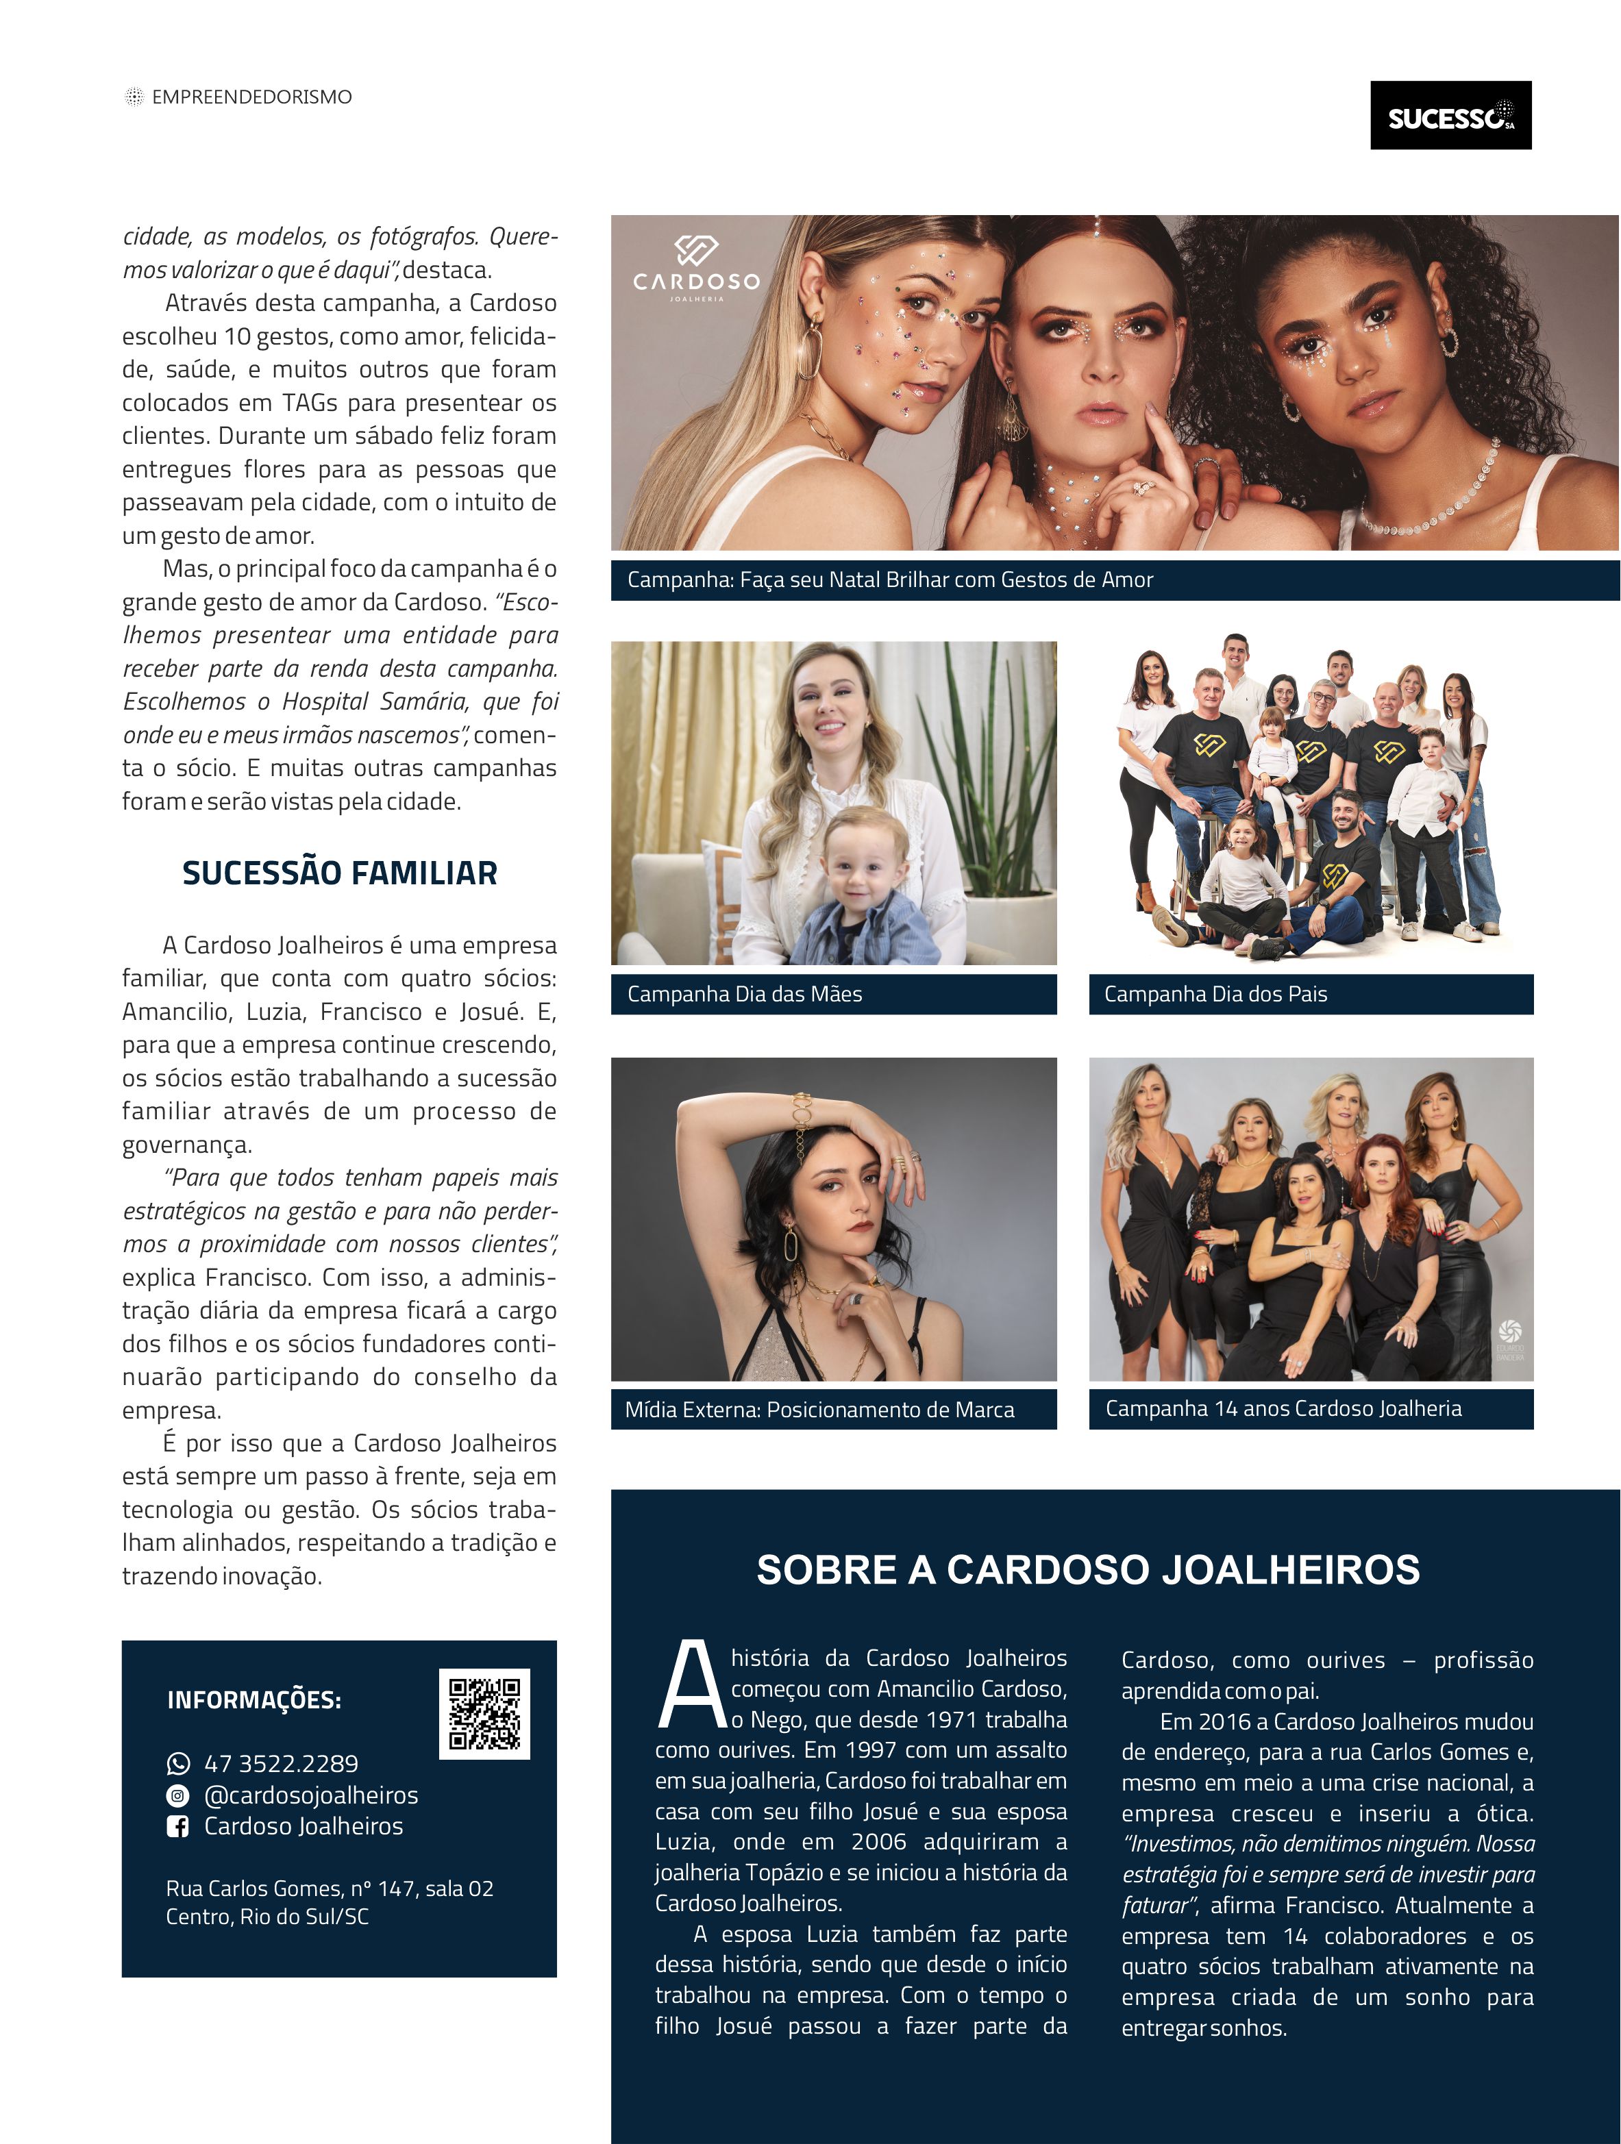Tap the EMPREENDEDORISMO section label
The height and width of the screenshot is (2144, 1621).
click(x=251, y=97)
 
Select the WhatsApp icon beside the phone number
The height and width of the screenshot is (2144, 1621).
click(x=178, y=1763)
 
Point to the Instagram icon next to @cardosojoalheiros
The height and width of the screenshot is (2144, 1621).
click(x=178, y=1795)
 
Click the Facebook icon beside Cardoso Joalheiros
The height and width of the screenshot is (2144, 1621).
click(x=178, y=1826)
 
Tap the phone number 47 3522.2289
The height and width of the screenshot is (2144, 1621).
click(x=280, y=1763)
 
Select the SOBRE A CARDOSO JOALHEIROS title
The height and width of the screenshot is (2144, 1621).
click(x=1088, y=1570)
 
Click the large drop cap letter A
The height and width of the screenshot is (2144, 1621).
click(x=691, y=1686)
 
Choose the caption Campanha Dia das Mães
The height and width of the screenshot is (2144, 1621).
click(x=745, y=993)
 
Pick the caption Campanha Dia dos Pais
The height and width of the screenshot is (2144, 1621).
click(x=1215, y=993)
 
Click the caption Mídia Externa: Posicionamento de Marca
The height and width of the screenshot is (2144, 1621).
click(x=819, y=1409)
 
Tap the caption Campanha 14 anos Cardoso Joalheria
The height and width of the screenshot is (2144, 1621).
click(x=1283, y=1408)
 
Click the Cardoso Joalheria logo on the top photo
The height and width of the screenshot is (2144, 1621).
click(x=696, y=266)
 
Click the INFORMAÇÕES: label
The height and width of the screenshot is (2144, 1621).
click(x=254, y=1700)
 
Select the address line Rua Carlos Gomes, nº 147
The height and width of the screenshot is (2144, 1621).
click(x=330, y=1888)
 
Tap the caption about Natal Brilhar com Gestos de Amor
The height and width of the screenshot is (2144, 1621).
click(x=890, y=579)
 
